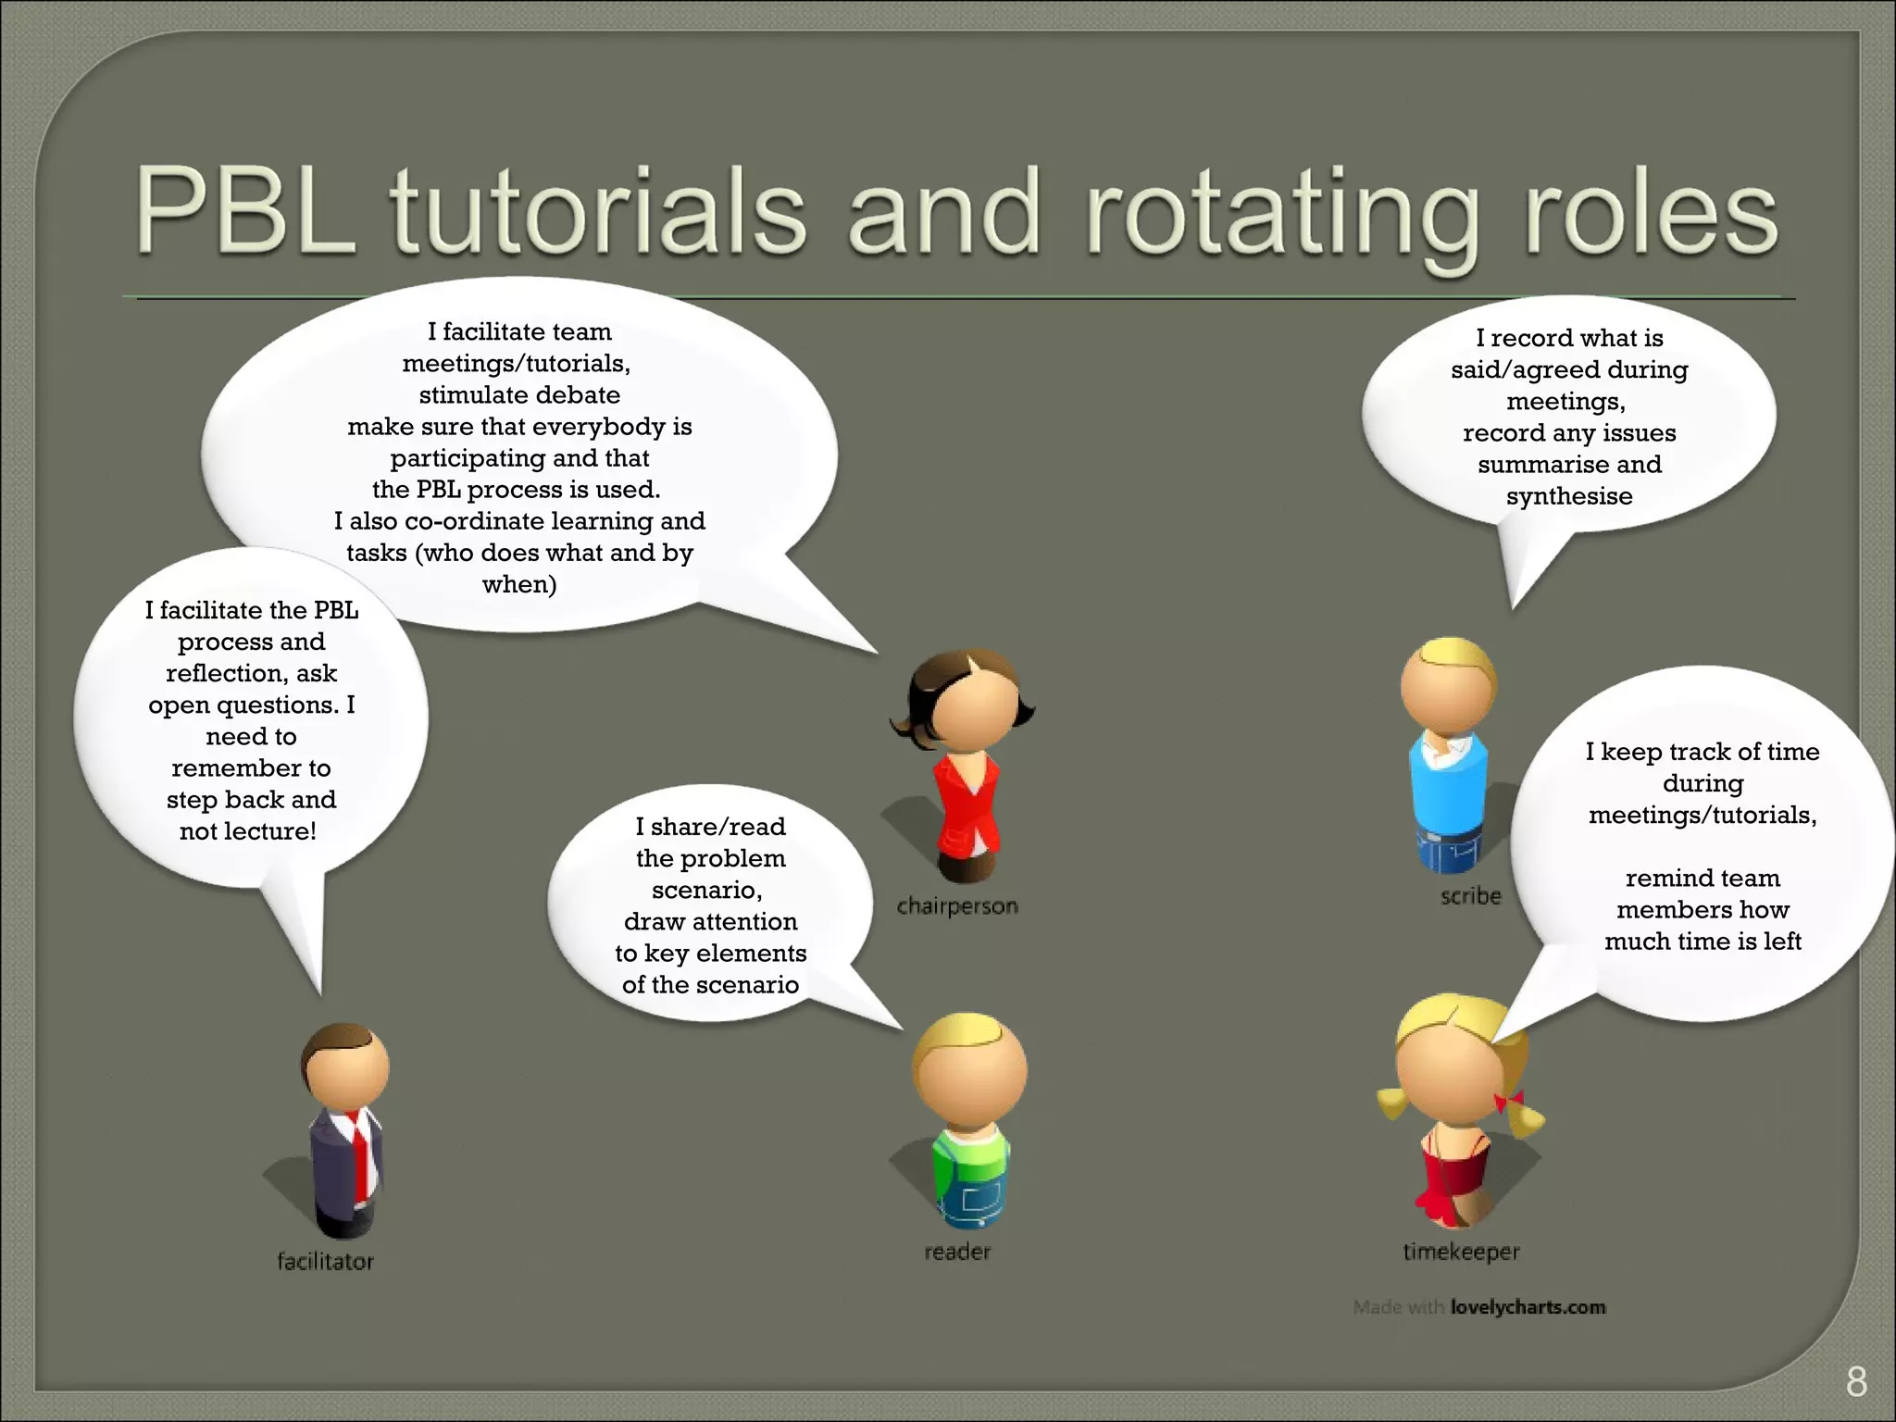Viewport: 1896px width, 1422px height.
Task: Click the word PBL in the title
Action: pyautogui.click(x=245, y=211)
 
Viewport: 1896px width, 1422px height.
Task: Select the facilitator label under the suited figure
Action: pyautogui.click(x=325, y=1261)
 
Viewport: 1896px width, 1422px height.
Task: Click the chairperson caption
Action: pyautogui.click(x=957, y=905)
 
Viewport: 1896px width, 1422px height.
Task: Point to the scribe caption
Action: pyautogui.click(x=1470, y=895)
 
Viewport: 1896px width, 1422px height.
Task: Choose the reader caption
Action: pyautogui.click(x=957, y=1252)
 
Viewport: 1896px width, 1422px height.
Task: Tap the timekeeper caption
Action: pyautogui.click(x=1461, y=1252)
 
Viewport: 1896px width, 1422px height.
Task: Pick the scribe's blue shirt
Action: pyautogui.click(x=1447, y=787)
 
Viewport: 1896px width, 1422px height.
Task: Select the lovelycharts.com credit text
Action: pyautogui.click(x=1528, y=1307)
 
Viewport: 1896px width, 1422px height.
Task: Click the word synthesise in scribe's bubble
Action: pyautogui.click(x=1569, y=496)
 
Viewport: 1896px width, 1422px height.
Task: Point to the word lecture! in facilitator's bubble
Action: pyautogui.click(x=273, y=831)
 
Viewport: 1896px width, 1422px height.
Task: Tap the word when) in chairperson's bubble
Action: pyautogui.click(x=519, y=585)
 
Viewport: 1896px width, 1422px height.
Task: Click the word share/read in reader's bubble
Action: pyautogui.click(x=718, y=827)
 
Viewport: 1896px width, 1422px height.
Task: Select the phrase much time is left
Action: pyautogui.click(x=1702, y=942)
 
